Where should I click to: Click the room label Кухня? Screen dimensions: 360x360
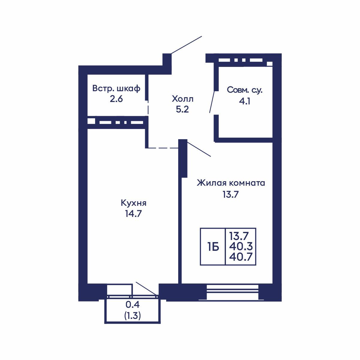tap(133, 203)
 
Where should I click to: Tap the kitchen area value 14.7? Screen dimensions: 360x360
tap(133, 213)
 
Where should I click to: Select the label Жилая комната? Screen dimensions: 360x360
tap(231, 183)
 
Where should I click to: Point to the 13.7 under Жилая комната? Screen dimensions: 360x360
tap(231, 195)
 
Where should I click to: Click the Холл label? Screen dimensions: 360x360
tap(182, 99)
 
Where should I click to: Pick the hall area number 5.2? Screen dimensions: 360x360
tap(182, 109)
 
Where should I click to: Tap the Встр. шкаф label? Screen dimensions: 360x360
tap(116, 88)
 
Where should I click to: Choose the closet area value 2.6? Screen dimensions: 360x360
tap(116, 99)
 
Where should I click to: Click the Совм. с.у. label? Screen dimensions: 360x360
tap(245, 90)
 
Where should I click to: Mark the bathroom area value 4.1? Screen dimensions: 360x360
tap(245, 101)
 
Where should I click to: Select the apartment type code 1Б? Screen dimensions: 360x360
tap(213, 247)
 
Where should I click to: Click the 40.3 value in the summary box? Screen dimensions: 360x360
tap(241, 246)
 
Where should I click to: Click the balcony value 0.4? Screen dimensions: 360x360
tap(133, 305)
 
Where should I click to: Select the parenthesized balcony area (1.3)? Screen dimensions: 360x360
tap(133, 316)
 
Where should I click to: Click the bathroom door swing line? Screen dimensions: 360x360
tap(212, 102)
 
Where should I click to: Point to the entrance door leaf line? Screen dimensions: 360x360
tap(186, 45)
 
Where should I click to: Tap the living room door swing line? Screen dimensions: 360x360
tap(199, 149)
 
